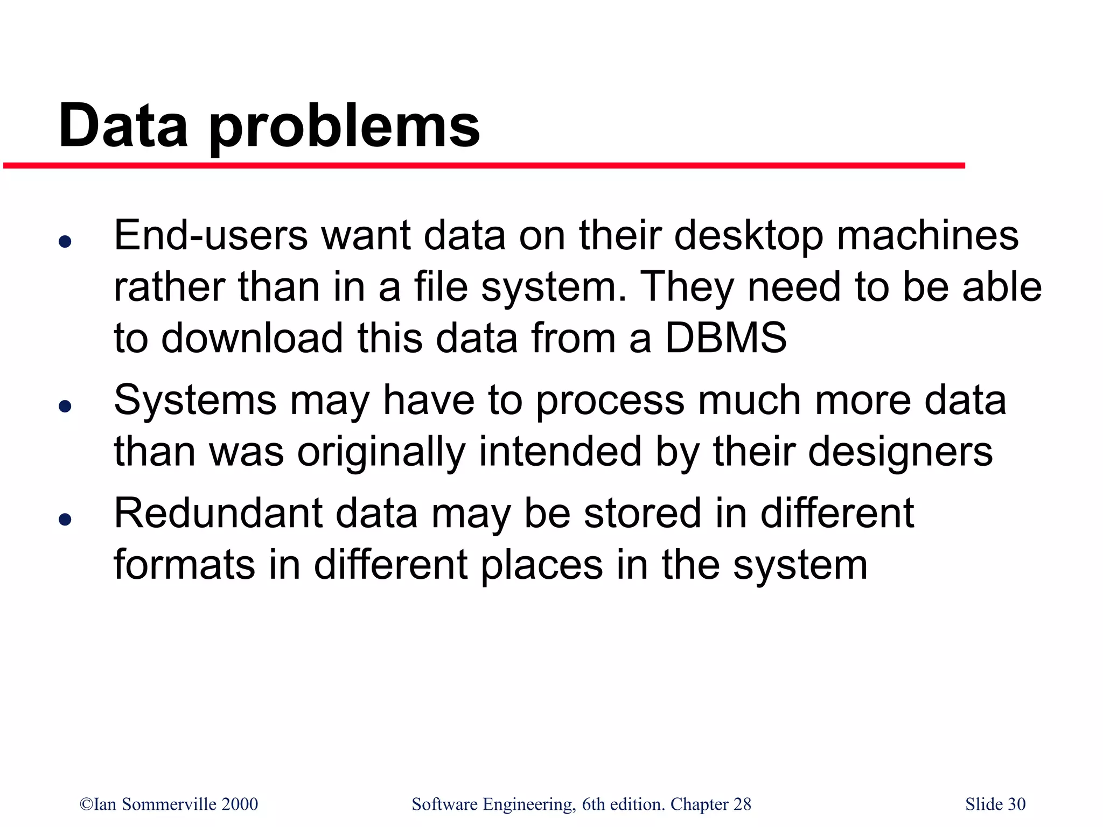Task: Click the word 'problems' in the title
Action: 344,127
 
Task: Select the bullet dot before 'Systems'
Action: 65,406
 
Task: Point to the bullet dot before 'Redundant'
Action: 65,519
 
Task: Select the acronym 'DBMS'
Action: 725,338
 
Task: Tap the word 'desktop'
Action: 749,236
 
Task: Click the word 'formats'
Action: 185,565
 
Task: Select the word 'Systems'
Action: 196,401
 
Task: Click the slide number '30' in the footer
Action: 1016,804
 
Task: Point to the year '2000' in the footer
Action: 240,804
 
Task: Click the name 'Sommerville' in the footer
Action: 169,804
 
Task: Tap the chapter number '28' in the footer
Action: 742,804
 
